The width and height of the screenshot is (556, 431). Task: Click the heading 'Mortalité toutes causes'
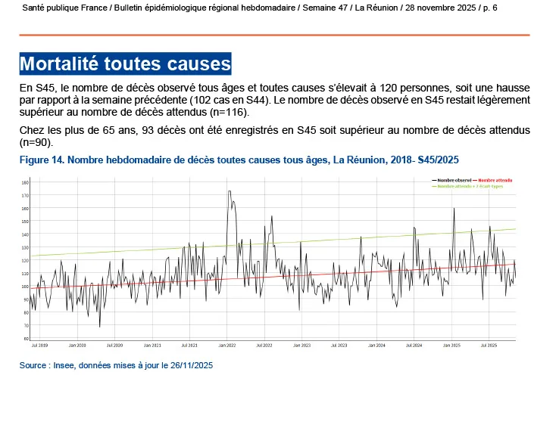tap(125, 63)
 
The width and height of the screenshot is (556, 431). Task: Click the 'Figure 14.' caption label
tap(43, 160)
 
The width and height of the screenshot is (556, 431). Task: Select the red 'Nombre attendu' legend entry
tap(495, 181)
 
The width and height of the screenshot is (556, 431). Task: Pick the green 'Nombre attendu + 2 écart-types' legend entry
tap(470, 186)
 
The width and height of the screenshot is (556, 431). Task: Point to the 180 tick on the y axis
tap(25, 183)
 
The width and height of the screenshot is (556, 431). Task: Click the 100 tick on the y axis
tap(25, 287)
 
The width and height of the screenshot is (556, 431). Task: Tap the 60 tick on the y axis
tap(25, 339)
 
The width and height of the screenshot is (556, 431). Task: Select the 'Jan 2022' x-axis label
tap(226, 345)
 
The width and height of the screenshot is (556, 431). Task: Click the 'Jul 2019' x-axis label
tap(39, 345)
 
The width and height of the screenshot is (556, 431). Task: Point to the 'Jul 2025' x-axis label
tap(489, 345)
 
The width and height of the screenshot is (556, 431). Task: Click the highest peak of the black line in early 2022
tap(229, 191)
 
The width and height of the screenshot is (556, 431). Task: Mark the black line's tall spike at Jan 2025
tap(454, 209)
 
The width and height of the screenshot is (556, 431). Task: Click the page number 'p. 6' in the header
tap(490, 7)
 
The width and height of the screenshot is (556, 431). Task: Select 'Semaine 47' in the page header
tap(326, 7)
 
